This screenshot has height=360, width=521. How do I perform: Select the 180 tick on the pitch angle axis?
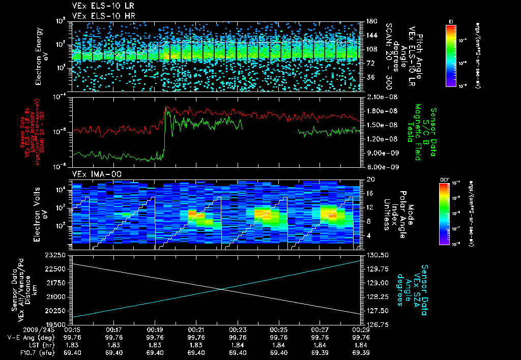[371, 21]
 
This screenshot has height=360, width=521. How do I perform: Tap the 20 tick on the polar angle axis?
[370, 179]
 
